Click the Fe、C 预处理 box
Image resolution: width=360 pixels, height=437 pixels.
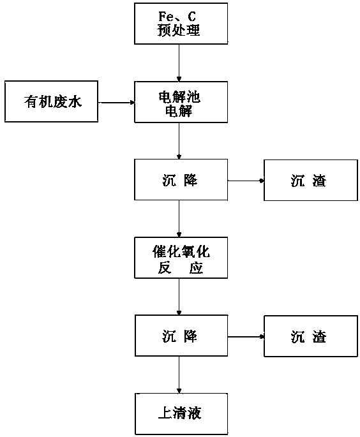(181, 24)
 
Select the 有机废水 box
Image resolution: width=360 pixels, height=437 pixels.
(51, 101)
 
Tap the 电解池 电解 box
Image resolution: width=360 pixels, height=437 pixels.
(181, 102)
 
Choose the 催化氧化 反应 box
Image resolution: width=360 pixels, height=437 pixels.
(181, 258)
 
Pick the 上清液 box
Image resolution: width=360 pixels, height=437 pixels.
(181, 414)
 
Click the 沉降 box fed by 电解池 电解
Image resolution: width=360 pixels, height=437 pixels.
(181, 180)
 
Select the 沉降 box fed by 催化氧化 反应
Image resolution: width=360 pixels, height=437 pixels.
(181, 336)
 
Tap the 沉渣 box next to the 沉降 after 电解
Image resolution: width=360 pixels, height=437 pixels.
(311, 180)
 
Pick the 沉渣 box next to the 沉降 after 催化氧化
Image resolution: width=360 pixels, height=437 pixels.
(311, 336)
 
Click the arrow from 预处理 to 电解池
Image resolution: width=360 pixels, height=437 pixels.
(179, 63)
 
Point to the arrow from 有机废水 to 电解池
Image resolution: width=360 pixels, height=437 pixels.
(116, 103)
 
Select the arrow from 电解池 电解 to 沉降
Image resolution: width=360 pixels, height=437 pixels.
(179, 141)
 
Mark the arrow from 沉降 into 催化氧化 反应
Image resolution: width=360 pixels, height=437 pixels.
(179, 219)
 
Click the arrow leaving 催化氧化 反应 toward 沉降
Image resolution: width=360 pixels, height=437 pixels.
(179, 297)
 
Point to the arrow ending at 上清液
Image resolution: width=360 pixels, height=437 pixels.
(179, 374)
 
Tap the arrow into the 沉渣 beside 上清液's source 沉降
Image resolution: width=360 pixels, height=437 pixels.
(246, 337)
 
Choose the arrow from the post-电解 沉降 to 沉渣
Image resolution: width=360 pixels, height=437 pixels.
(246, 181)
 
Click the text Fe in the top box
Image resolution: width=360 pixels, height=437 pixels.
(165, 16)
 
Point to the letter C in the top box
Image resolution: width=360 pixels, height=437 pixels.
(191, 16)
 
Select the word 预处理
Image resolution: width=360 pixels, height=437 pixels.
(179, 30)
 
